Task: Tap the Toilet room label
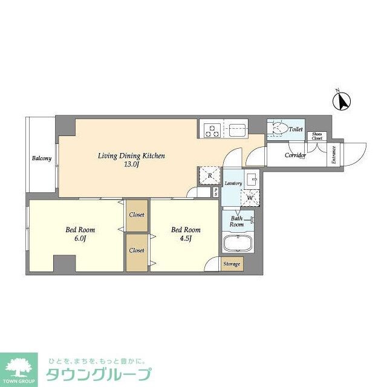pos(296,129)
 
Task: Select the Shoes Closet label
pos(317,136)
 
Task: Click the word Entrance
pos(333,156)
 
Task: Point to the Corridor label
pos(295,155)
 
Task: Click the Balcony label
pos(41,159)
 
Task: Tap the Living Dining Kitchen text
pos(131,156)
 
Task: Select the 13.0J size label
pos(132,164)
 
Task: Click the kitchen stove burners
pos(212,129)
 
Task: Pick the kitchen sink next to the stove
pos(236,129)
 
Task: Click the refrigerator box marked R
pos(209,175)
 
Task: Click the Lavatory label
pos(233,183)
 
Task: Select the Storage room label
pos(232,264)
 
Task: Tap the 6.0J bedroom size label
pos(81,238)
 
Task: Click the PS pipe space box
pos(216,192)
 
